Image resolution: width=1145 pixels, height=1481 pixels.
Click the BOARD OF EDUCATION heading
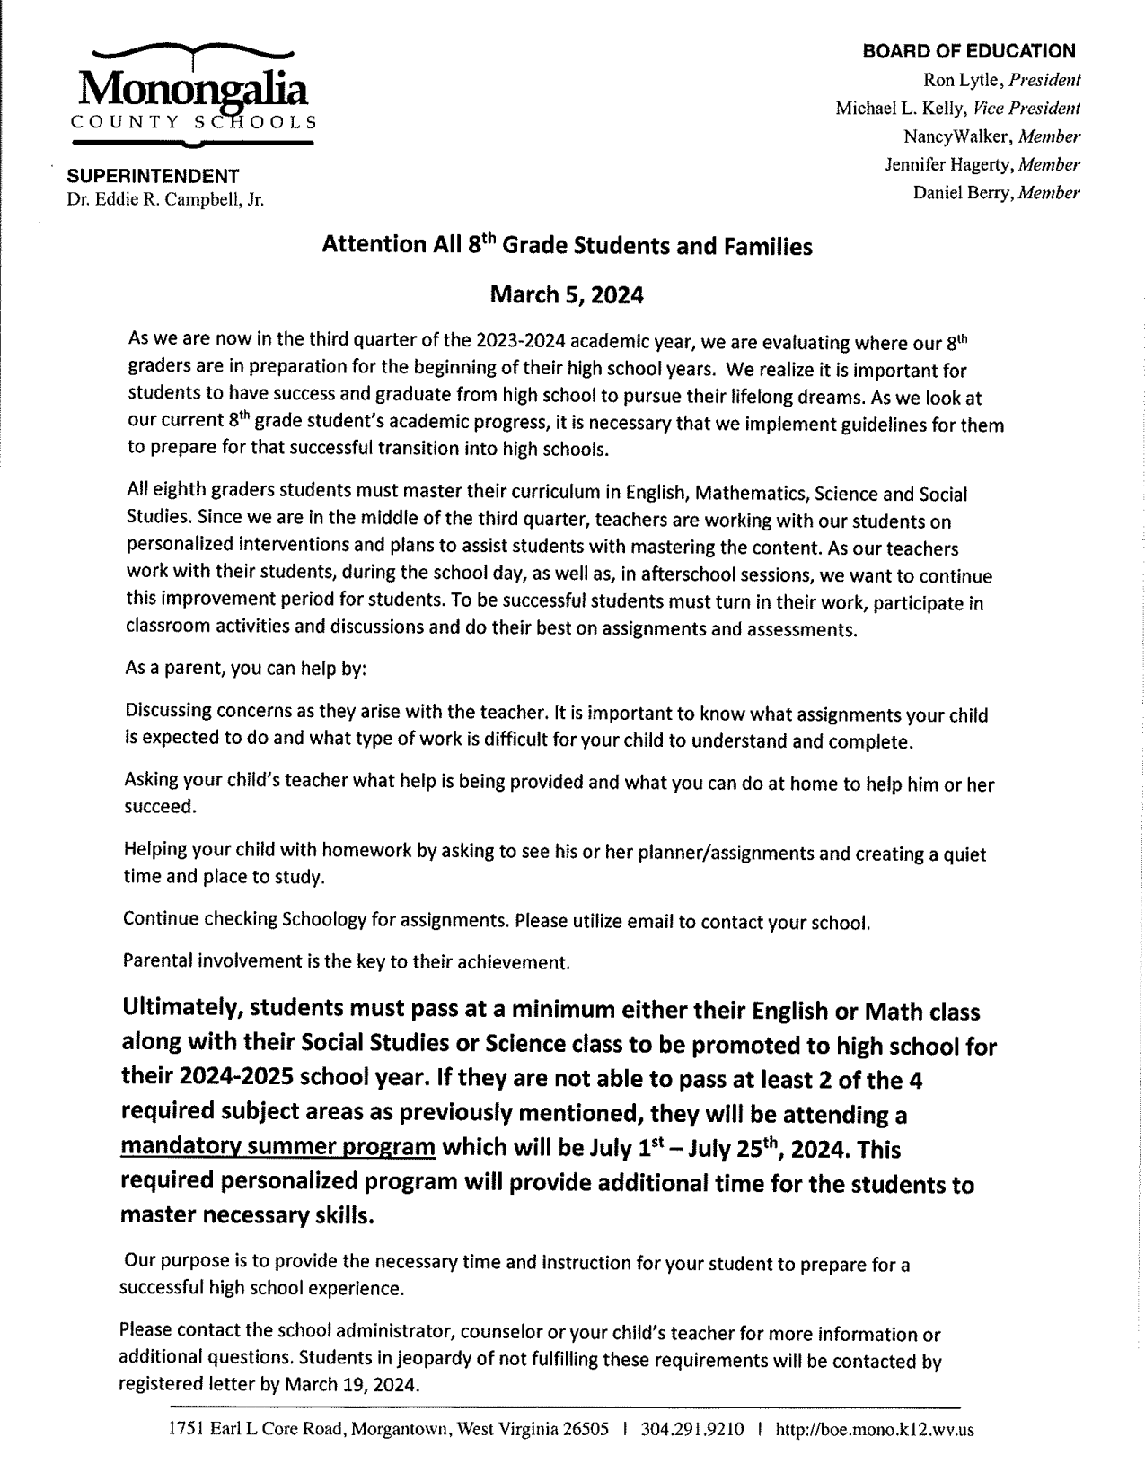(x=968, y=52)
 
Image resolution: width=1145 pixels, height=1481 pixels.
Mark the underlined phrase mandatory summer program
(x=278, y=1148)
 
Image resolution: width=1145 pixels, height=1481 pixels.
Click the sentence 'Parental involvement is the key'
(x=346, y=961)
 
